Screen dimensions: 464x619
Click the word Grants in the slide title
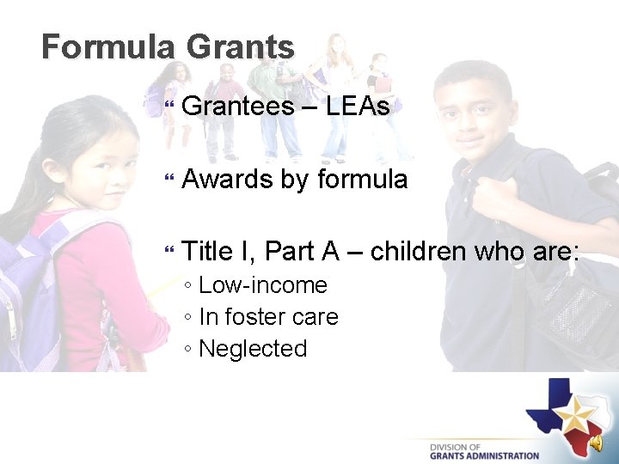240,46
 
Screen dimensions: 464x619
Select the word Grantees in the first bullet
238,107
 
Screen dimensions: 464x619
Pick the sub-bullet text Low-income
263,285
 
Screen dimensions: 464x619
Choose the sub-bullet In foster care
268,317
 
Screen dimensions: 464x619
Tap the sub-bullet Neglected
253,349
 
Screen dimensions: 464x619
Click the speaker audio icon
595,442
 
